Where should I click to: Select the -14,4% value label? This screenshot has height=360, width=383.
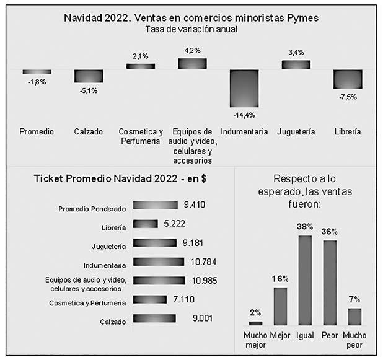tap(244, 115)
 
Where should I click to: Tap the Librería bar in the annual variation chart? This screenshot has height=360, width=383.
tap(347, 79)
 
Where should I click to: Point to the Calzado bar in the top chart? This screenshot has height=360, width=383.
tap(89, 76)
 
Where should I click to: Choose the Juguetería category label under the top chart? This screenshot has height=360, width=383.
tap(296, 131)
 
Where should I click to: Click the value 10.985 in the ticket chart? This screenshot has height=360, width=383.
tap(205, 281)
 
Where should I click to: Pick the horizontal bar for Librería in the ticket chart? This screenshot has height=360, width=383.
tap(145, 224)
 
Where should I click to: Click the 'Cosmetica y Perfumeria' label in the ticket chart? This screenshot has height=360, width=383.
tap(87, 302)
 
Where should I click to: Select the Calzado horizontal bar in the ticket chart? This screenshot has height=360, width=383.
tap(154, 319)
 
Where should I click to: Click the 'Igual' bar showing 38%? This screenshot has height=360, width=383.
tap(304, 280)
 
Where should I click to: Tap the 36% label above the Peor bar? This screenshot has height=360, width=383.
tap(330, 232)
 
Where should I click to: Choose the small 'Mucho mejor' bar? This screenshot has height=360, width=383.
tap(255, 323)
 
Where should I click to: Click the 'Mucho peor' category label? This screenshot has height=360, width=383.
tap(354, 340)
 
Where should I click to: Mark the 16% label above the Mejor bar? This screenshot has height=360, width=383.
tap(280, 279)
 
